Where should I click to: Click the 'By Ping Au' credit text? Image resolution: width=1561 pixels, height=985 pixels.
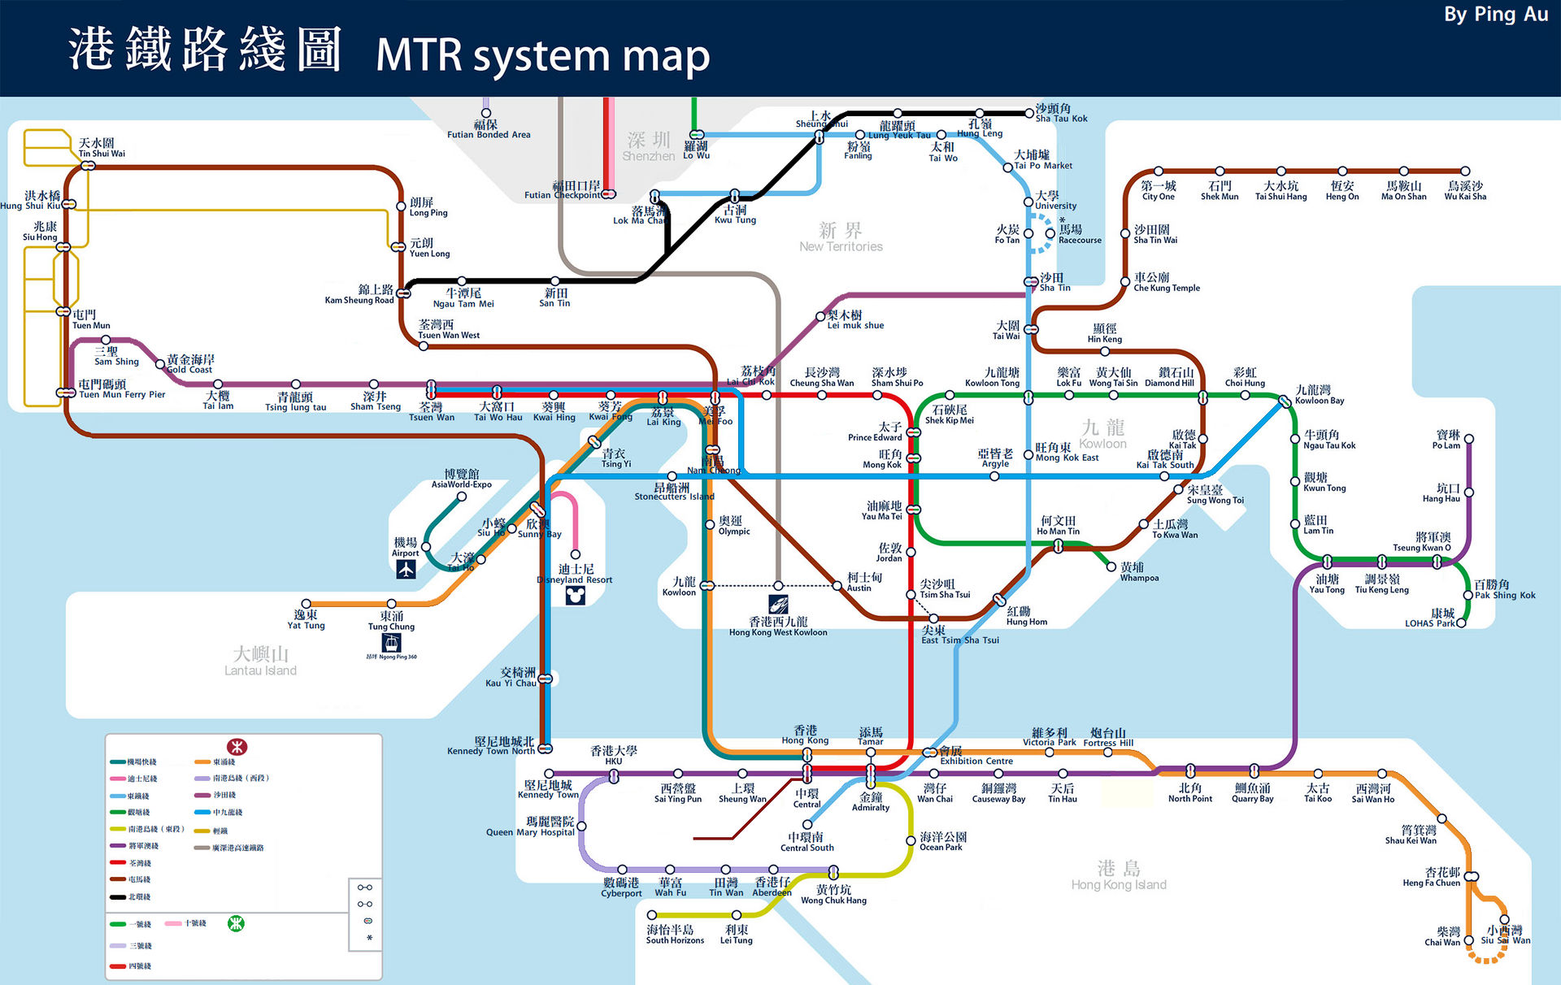click(1495, 15)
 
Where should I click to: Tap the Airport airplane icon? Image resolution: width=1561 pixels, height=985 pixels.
click(406, 570)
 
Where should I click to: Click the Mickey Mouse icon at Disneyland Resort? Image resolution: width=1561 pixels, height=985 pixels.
click(575, 596)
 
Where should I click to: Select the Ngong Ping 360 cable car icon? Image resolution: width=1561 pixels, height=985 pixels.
click(392, 643)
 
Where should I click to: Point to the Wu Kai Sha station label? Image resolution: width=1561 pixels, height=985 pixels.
click(1465, 191)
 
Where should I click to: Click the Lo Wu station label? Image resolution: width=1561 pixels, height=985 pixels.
click(696, 150)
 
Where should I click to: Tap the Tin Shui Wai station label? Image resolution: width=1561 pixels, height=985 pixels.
click(102, 148)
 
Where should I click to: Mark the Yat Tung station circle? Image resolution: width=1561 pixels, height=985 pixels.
click(307, 604)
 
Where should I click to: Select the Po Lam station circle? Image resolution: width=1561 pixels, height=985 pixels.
click(1468, 439)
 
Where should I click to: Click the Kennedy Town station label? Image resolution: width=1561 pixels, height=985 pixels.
click(548, 789)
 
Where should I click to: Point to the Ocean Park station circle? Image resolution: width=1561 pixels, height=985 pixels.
click(911, 840)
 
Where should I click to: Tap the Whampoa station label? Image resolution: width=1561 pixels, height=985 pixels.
click(1138, 572)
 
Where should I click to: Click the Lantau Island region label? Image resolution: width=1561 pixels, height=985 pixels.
click(260, 661)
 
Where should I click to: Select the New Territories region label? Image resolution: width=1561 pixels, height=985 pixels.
click(841, 237)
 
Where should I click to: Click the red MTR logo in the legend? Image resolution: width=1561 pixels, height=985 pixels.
click(237, 746)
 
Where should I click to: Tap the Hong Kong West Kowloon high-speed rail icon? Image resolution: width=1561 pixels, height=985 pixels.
click(778, 604)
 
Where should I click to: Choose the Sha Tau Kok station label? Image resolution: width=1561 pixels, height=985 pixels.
click(1060, 113)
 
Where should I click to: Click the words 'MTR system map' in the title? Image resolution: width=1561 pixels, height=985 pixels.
click(542, 55)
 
